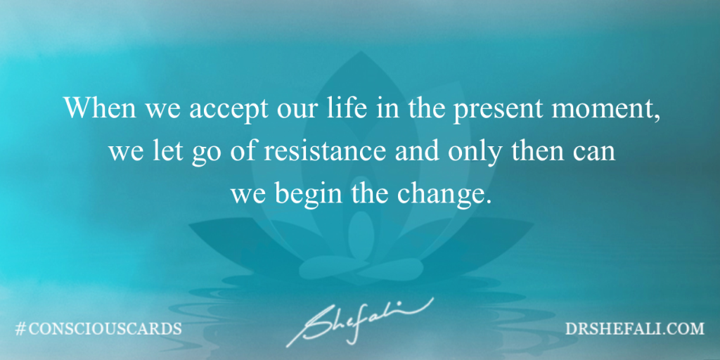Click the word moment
pos(602,111)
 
